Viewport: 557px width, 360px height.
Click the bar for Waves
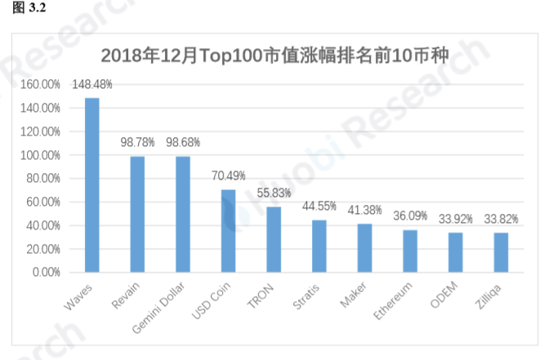point(92,185)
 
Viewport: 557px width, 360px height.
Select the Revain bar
point(138,214)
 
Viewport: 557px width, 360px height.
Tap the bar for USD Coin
point(229,231)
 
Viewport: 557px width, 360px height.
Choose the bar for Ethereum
point(410,251)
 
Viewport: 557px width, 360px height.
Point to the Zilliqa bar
point(501,252)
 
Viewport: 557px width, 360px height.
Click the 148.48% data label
point(92,84)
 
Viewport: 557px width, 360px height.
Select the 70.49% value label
point(229,176)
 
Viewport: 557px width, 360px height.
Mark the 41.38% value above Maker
point(365,211)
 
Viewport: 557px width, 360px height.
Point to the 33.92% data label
point(455,219)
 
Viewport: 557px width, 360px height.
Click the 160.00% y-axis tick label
point(41,84)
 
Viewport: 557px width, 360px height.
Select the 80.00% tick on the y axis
point(43,178)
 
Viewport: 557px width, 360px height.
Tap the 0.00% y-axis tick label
point(46,272)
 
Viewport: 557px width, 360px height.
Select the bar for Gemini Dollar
point(183,214)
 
